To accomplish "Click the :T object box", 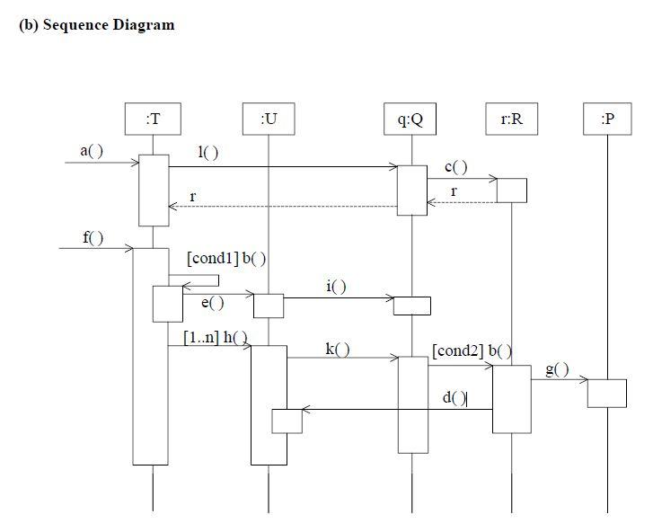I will pos(153,119).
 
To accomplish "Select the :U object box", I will pos(268,119).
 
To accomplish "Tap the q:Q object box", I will pos(410,119).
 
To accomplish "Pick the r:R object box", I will pos(510,119).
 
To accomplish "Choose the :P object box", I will pos(607,119).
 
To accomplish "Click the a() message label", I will pos(92,151).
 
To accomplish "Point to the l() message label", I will pos(207,153).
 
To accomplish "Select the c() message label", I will pos(455,167).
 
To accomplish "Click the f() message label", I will pos(93,237).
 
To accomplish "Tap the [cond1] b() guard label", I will pos(225,259).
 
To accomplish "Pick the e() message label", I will pos(212,303).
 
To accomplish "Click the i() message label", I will pos(336,286).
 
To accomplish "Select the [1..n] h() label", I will pos(215,338).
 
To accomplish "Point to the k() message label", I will pos(337,349).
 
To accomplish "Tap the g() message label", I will pos(557,369).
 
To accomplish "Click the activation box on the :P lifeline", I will pos(606,393).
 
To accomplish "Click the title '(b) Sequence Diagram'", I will pos(96,25).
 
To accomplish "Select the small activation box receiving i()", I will pos(411,306).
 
